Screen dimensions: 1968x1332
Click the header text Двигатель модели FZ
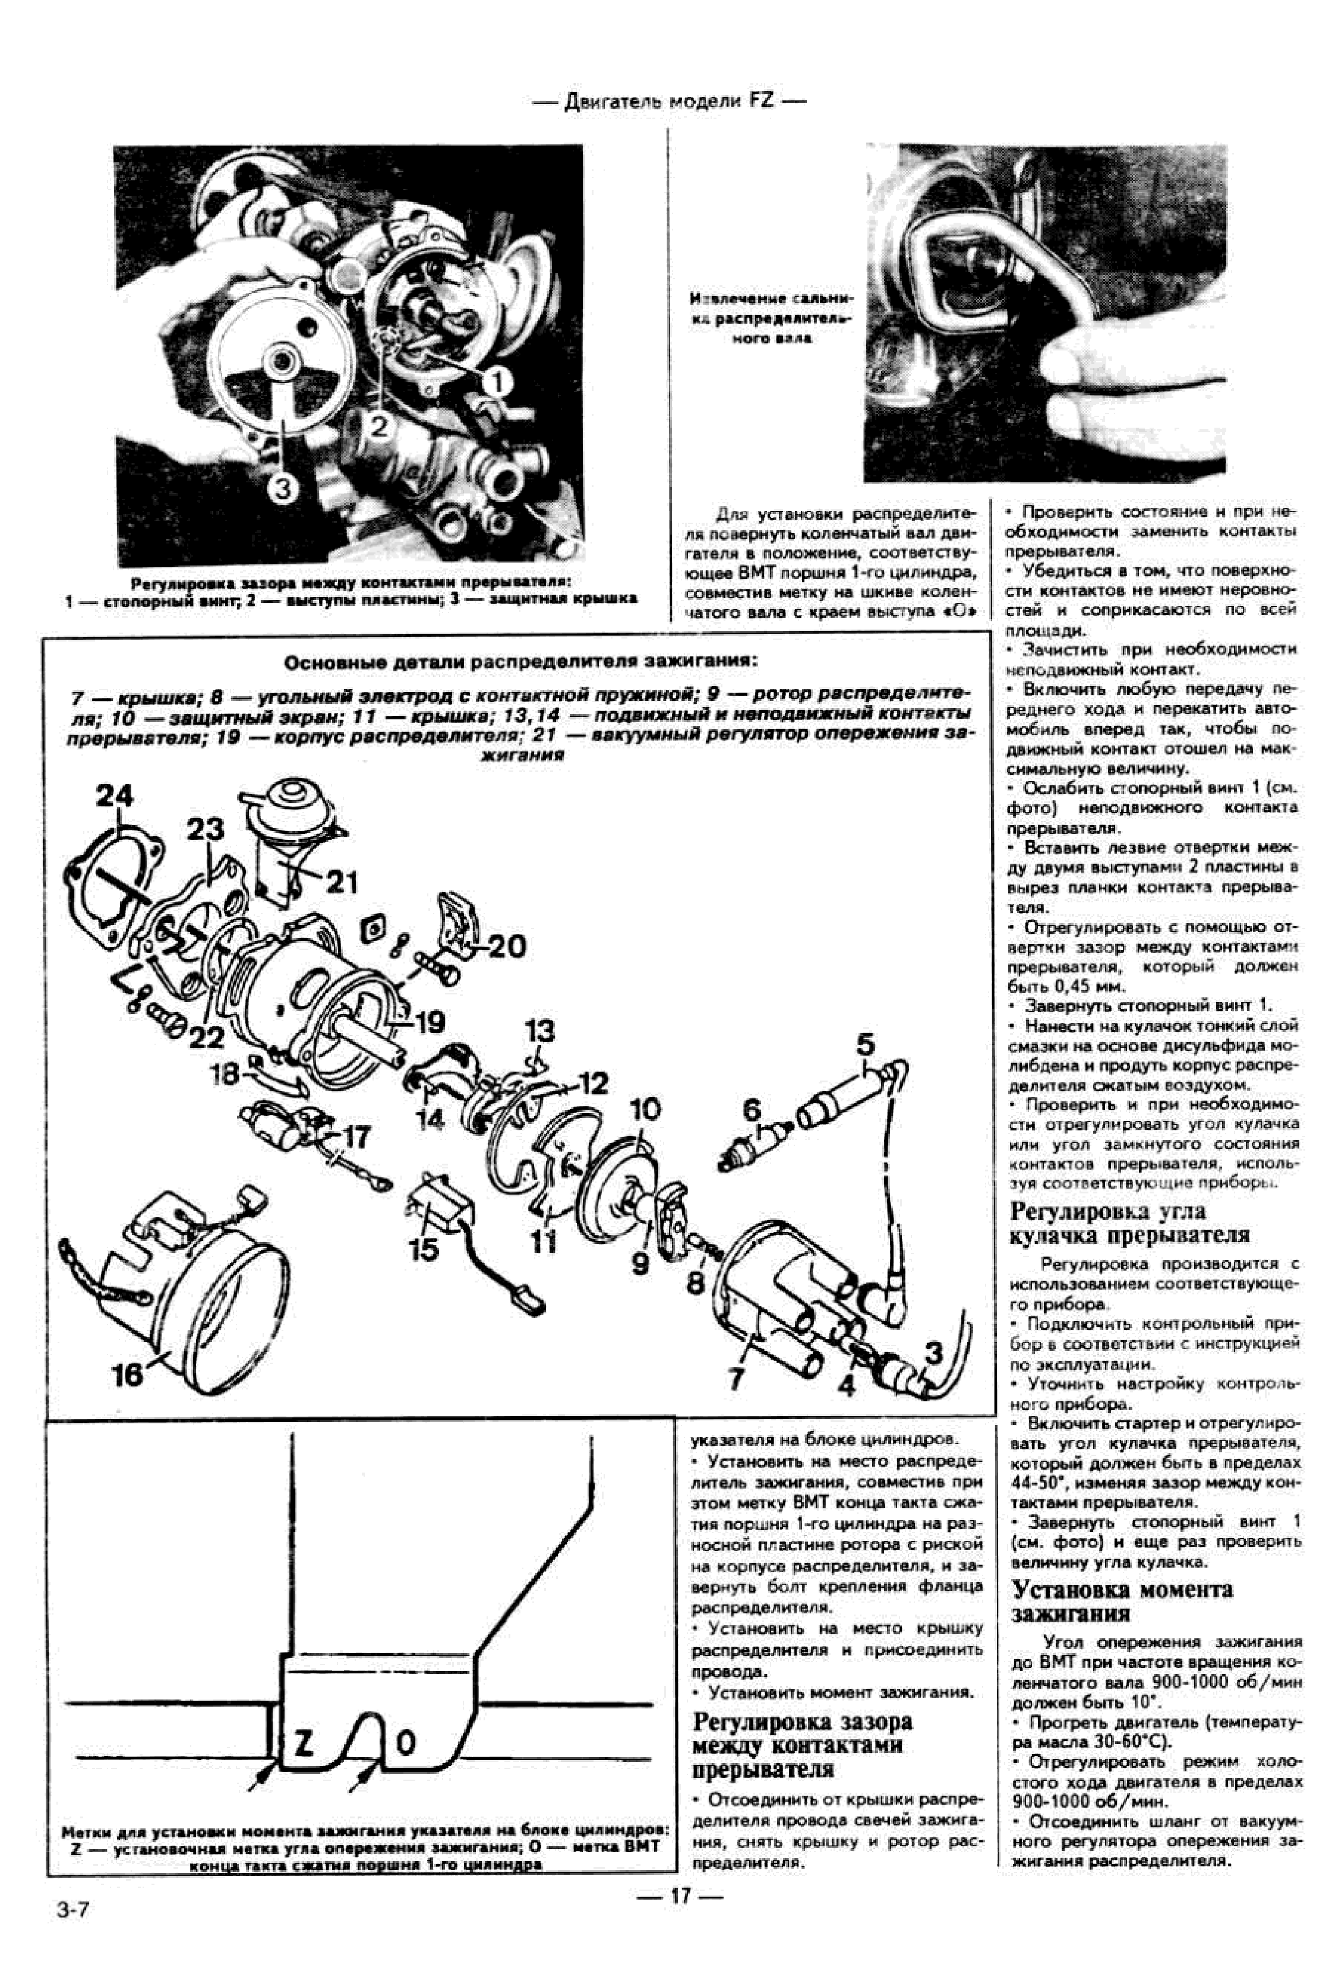tap(668, 102)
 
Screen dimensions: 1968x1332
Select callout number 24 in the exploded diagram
tap(114, 796)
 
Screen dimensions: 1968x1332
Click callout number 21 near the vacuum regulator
tap(341, 882)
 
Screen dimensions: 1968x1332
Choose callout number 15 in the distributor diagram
tap(424, 1248)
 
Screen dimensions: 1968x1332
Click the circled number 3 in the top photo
tap(283, 487)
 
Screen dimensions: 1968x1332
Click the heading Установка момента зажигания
tap(1122, 1600)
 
